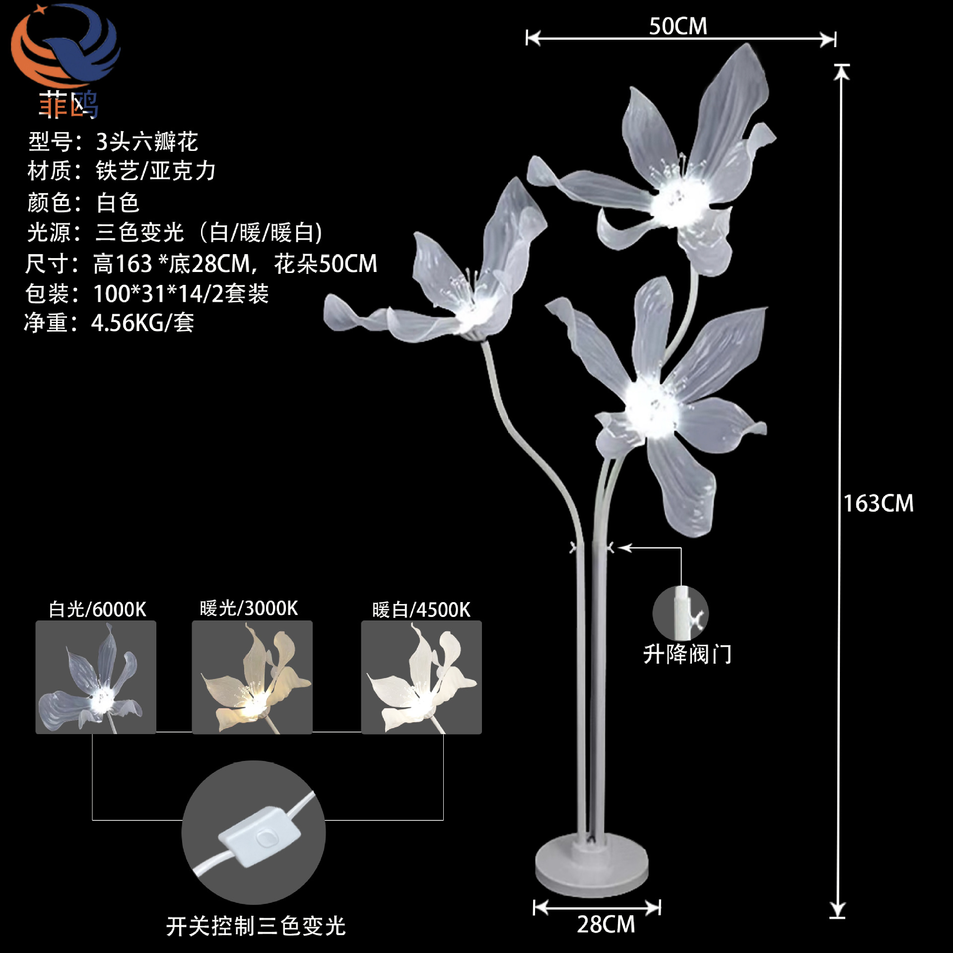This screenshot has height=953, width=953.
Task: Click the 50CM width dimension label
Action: pyautogui.click(x=678, y=26)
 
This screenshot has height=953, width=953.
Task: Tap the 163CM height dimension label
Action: pyautogui.click(x=878, y=503)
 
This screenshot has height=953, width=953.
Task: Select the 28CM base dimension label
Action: pyautogui.click(x=606, y=924)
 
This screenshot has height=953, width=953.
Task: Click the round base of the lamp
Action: pyautogui.click(x=592, y=866)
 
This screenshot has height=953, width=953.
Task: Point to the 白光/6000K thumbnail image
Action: pyautogui.click(x=96, y=677)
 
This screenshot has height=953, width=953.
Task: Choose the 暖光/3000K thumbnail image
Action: pyautogui.click(x=252, y=677)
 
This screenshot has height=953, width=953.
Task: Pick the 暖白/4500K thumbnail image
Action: pyautogui.click(x=421, y=677)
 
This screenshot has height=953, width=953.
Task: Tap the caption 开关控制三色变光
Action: pyautogui.click(x=256, y=926)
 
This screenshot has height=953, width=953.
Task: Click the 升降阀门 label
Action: pyautogui.click(x=687, y=655)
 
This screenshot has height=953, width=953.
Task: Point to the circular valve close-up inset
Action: pyautogui.click(x=681, y=613)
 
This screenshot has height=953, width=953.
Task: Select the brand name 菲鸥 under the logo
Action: pyautogui.click(x=68, y=105)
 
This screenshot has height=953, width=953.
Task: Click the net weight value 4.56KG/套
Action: pyautogui.click(x=142, y=323)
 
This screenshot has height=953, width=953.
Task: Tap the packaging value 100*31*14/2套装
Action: pyautogui.click(x=181, y=294)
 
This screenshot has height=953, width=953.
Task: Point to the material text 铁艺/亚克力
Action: pyautogui.click(x=155, y=171)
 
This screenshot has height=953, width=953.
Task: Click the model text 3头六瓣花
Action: pyautogui.click(x=147, y=142)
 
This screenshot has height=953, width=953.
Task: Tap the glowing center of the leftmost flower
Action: pyautogui.click(x=472, y=310)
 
